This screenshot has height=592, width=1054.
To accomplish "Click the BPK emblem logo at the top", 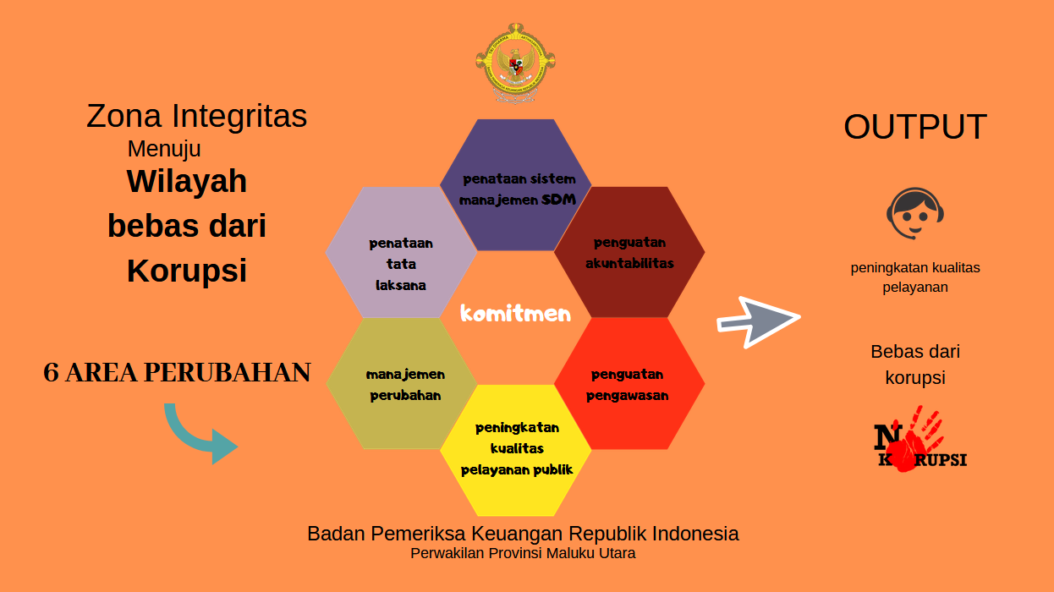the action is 516,63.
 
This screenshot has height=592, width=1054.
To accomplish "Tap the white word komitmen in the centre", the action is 515,314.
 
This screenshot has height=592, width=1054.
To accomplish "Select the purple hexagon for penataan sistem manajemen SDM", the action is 516,185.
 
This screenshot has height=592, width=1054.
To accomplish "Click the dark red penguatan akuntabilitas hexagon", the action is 629,252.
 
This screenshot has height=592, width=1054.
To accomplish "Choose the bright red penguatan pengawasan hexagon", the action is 629,383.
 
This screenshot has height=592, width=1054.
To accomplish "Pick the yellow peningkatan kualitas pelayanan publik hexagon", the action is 516,451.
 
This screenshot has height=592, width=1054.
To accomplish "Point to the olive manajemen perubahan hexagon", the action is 402,383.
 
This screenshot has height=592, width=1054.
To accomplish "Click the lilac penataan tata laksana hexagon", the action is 401,252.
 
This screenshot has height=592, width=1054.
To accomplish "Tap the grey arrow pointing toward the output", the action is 759,322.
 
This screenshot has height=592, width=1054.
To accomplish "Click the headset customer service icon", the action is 915,214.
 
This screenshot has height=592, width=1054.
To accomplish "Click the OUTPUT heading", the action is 915,127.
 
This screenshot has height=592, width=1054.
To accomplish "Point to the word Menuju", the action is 164,149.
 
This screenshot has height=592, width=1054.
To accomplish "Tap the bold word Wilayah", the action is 187,181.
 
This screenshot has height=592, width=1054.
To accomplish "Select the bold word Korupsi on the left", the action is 187,271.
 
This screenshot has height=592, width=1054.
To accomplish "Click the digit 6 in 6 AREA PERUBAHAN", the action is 51,373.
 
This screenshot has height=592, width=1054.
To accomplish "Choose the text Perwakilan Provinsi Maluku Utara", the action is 523,553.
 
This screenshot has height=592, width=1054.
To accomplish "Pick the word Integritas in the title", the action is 239,116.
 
